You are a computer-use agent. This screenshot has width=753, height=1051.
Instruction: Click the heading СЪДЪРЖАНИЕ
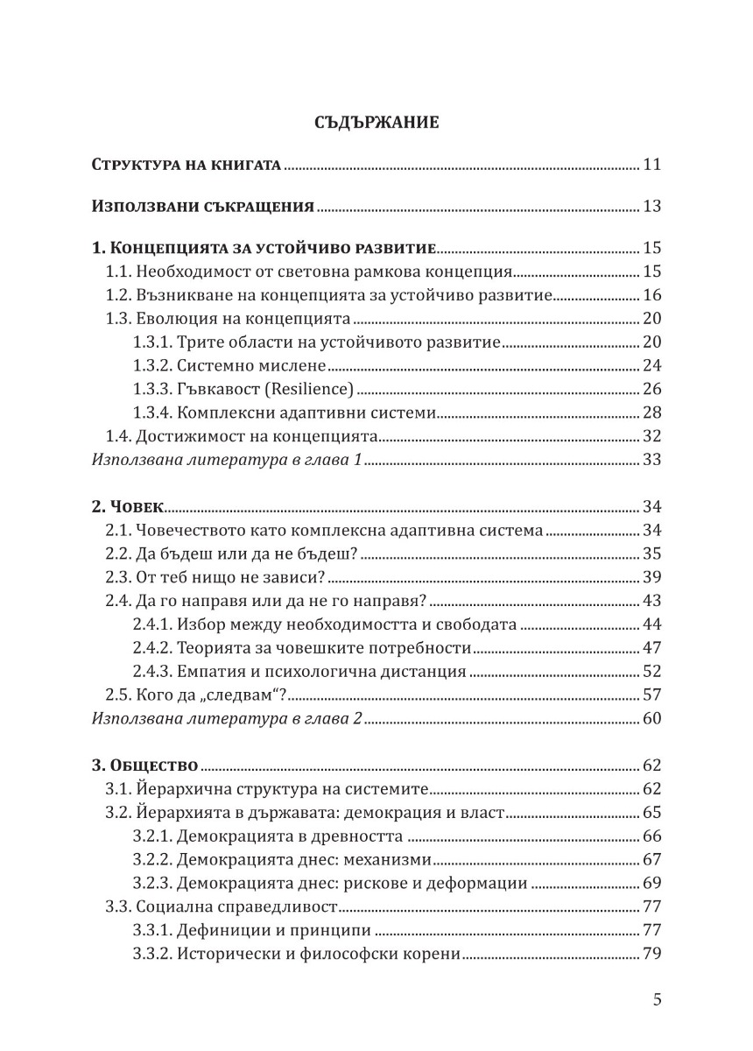point(376,123)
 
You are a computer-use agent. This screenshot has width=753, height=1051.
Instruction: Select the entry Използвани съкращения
point(203,208)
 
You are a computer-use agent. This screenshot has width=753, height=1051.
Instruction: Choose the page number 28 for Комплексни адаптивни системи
point(651,413)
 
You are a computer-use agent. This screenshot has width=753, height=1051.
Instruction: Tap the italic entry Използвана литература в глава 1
point(227,459)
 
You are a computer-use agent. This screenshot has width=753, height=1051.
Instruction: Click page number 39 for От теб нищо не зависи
point(651,577)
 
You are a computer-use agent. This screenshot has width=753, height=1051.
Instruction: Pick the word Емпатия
point(212,673)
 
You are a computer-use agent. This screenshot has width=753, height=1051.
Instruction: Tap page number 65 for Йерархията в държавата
point(651,813)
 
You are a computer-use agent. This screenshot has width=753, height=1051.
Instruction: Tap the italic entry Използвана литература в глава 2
point(227,719)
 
